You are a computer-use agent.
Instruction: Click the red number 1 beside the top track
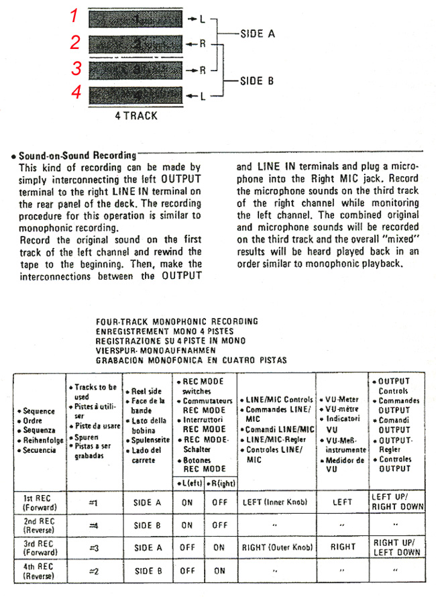pyautogui.click(x=75, y=17)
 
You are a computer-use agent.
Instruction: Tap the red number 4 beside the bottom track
pyautogui.click(x=76, y=92)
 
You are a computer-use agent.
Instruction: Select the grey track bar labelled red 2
pyautogui.click(x=134, y=44)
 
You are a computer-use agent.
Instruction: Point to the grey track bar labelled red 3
pyautogui.click(x=134, y=69)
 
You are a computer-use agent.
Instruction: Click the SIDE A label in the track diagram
pyautogui.click(x=257, y=33)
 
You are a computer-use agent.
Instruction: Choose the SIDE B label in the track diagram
pyautogui.click(x=257, y=80)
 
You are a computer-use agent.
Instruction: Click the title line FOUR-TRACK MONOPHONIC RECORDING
pyautogui.click(x=177, y=322)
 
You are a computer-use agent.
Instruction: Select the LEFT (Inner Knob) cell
pyautogui.click(x=275, y=502)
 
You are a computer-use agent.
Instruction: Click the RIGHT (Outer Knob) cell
pyautogui.click(x=277, y=548)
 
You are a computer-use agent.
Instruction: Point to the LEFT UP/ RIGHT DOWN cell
pyautogui.click(x=397, y=502)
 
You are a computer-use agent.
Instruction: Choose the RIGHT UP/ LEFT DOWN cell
pyautogui.click(x=397, y=547)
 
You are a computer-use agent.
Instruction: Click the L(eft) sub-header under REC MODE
pyautogui.click(x=188, y=483)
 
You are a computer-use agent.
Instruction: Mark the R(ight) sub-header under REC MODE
pyautogui.click(x=219, y=483)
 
